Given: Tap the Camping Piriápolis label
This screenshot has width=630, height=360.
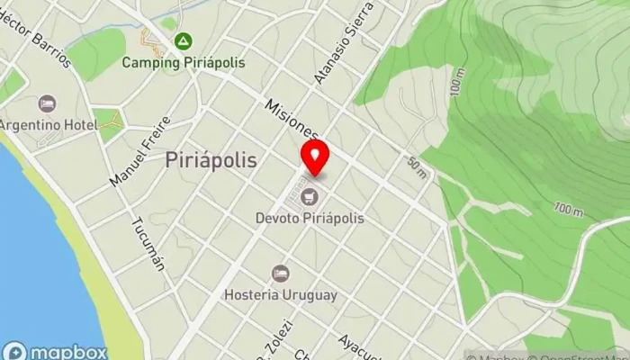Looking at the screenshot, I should point(184,63).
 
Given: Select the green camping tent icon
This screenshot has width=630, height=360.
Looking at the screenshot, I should point(183,40).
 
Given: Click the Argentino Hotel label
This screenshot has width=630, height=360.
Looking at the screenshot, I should point(47,123).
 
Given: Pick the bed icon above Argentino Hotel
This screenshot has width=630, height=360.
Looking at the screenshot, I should point(48,103).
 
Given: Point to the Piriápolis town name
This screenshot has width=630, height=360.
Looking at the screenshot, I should point(211,160).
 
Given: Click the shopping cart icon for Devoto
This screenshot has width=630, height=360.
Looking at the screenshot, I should point(311,195).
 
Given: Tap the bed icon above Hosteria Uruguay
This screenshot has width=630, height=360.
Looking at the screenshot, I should point(281,273).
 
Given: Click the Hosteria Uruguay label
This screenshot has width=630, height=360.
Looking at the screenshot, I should point(282,294).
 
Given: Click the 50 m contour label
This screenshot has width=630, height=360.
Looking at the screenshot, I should point(417,167).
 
